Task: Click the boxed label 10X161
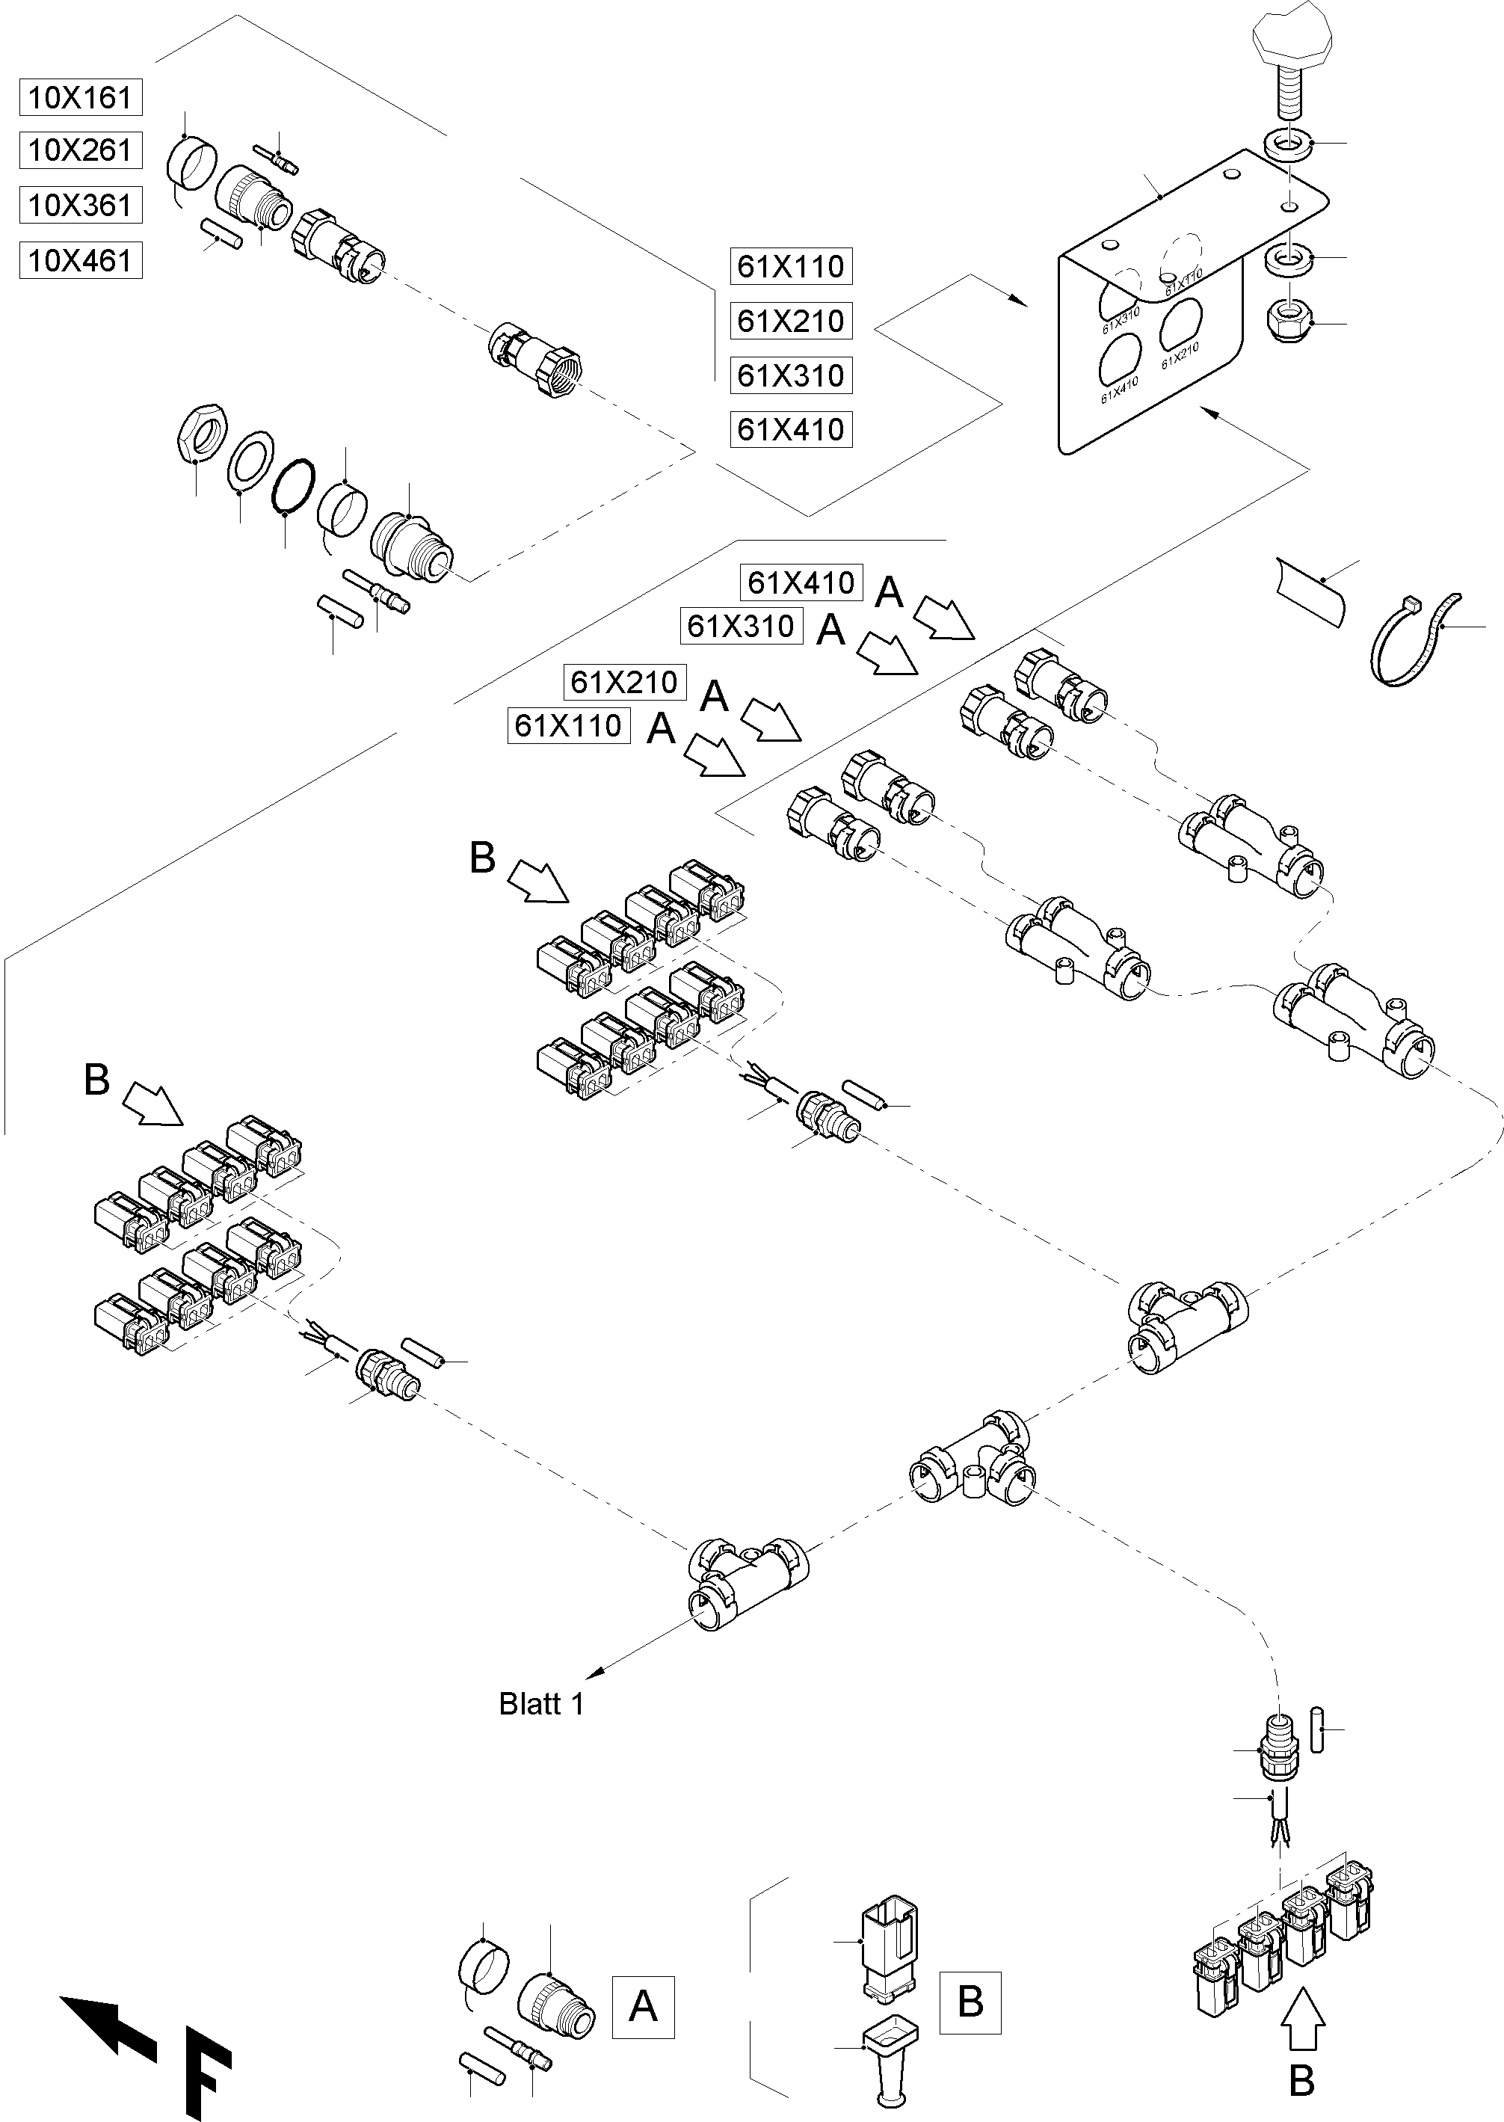tap(81, 97)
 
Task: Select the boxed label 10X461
tap(81, 260)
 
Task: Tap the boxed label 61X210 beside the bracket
tap(790, 322)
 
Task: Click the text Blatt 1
tap(542, 1704)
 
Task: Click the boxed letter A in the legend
tap(643, 2007)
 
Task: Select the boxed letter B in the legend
tap(970, 2002)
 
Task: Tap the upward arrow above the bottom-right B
tap(1303, 2014)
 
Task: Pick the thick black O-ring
tap(292, 485)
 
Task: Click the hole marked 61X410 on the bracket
tap(1120, 360)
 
